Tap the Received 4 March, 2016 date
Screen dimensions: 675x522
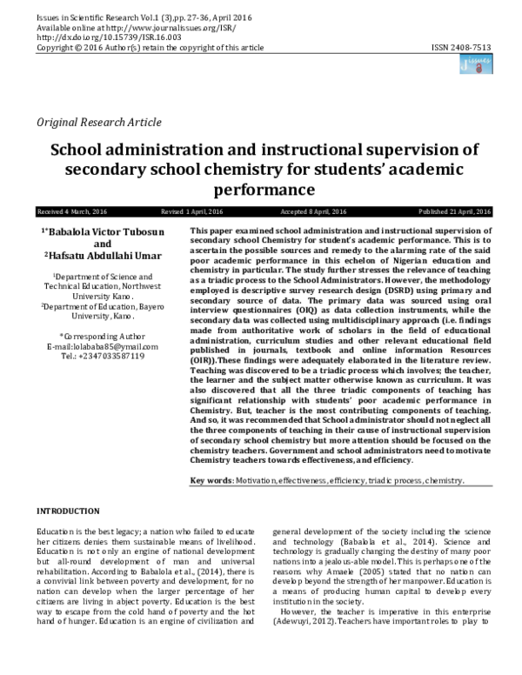coord(69,212)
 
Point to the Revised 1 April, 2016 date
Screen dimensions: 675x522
coord(192,212)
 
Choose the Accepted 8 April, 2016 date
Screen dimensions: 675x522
coord(314,212)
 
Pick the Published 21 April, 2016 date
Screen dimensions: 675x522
coord(455,212)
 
